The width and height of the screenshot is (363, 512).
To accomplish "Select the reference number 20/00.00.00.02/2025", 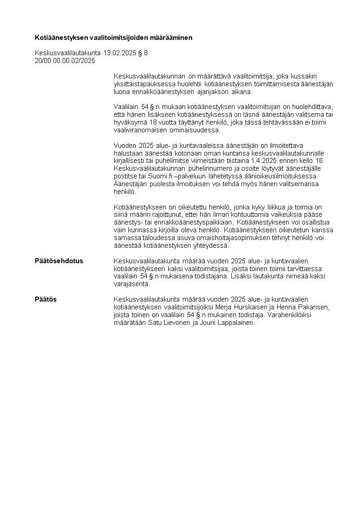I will pyautogui.click(x=65, y=60).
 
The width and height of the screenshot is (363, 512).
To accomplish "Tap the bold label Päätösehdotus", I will pyautogui.click(x=59, y=261).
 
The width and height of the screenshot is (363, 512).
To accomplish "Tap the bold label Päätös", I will pyautogui.click(x=46, y=299).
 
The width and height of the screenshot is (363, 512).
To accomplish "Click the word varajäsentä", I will pyautogui.click(x=131, y=284).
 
